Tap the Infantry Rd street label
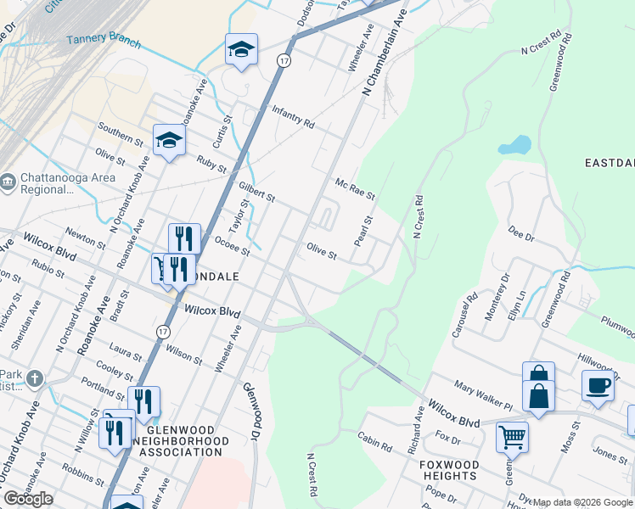tap(293, 117)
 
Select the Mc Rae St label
tap(355, 189)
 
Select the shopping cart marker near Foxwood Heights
tap(512, 437)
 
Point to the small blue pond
tap(514, 145)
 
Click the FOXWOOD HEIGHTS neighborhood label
tap(448, 470)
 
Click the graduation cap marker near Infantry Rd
tap(241, 50)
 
